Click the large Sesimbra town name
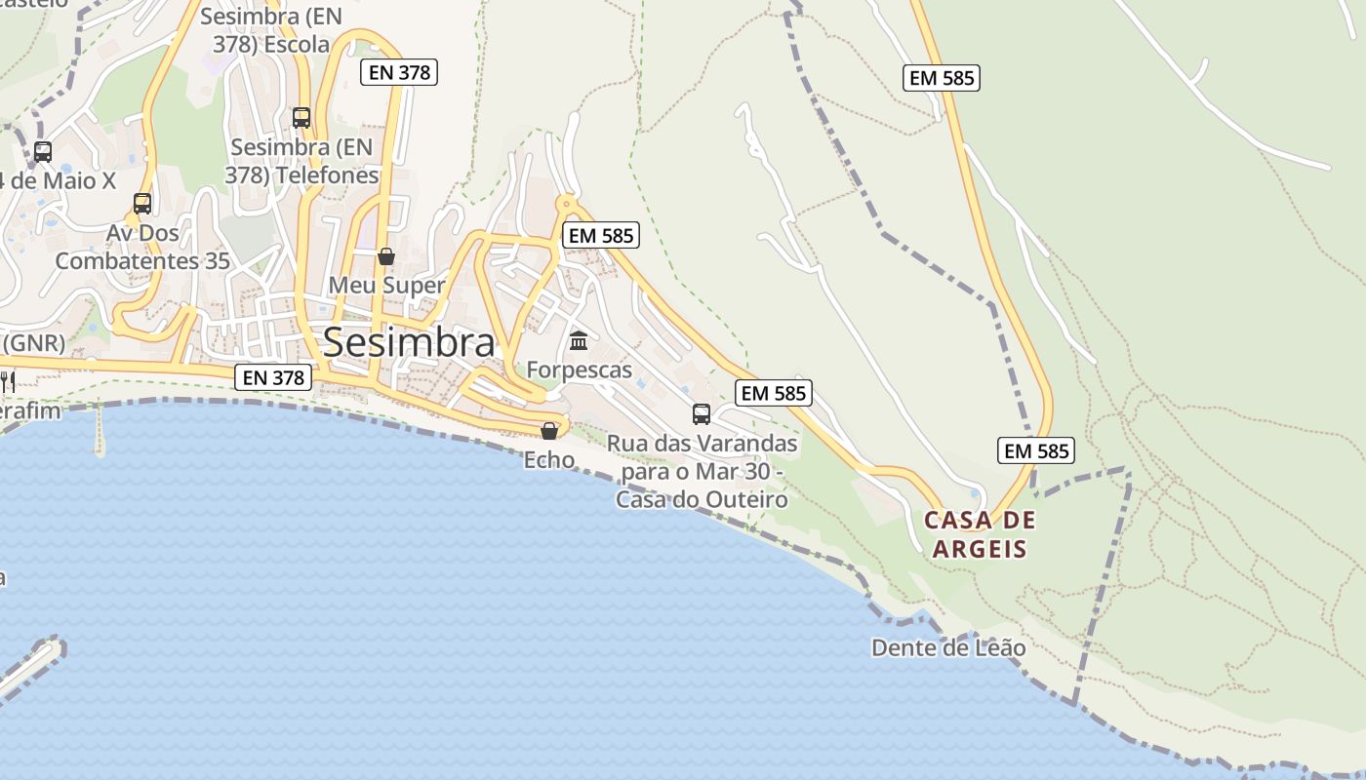point(409,342)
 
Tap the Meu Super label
point(386,286)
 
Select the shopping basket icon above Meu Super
point(386,256)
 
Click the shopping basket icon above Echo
point(549,430)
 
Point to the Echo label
point(549,459)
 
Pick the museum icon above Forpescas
point(579,340)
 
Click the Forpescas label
point(579,370)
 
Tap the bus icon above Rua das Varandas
point(702,414)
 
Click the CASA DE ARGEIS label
point(980,534)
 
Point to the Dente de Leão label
point(948,647)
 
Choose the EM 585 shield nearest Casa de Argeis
point(1036,450)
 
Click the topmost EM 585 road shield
point(942,78)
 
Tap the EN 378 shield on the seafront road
point(274,377)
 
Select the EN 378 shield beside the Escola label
point(398,71)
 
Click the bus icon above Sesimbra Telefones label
point(301,118)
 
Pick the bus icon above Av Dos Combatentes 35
point(142,204)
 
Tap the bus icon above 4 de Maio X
point(42,152)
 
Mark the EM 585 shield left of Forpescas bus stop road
point(601,235)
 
